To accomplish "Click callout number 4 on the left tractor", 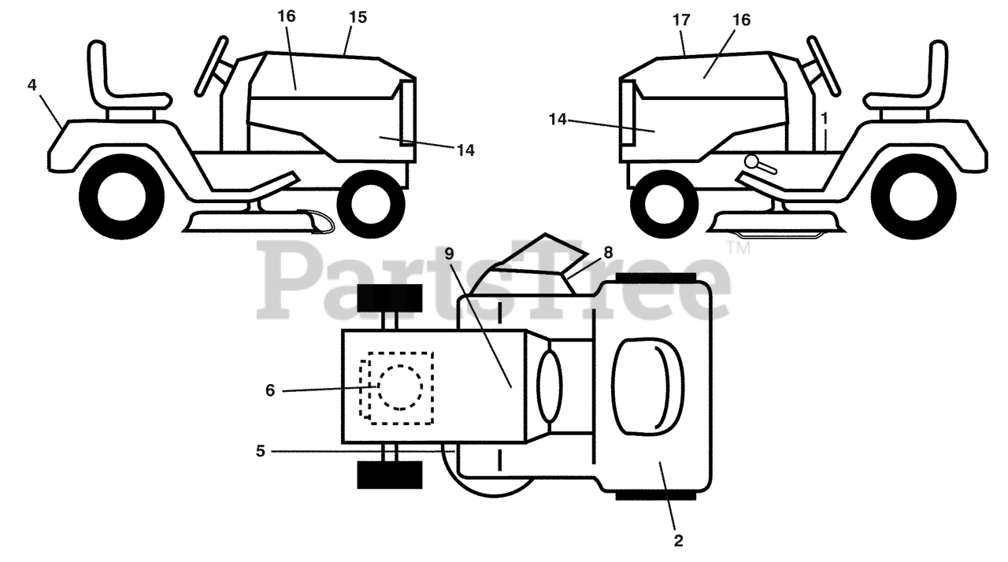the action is tap(31, 85).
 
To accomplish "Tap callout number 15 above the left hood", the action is tap(358, 17).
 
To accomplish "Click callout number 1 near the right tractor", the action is tap(824, 119).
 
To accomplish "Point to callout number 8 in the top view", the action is tap(607, 253).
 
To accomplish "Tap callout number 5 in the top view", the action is tap(260, 452).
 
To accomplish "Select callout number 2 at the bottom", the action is tap(678, 541).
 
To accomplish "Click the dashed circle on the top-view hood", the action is tap(400, 387).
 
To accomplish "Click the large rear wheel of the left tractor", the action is tap(122, 196).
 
